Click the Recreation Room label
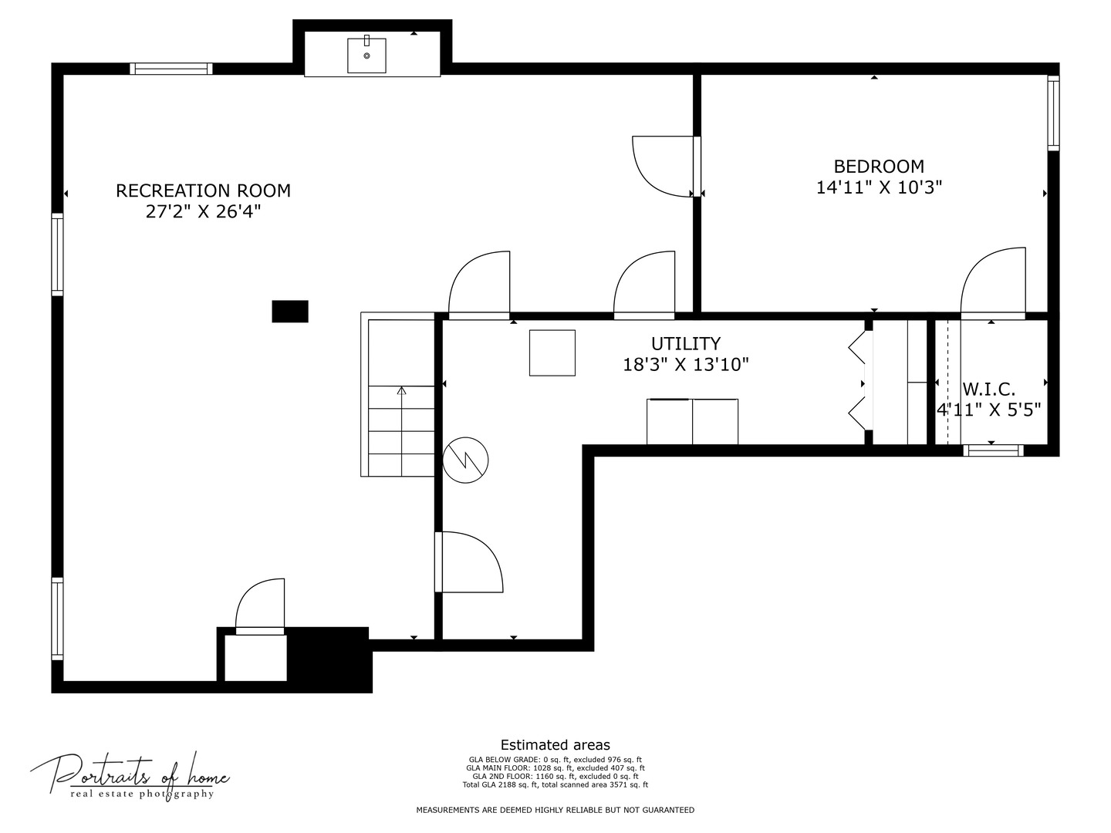[x=203, y=191]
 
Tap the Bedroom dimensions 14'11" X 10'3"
[x=879, y=187]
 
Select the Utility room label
[x=685, y=344]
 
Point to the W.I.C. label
[x=988, y=390]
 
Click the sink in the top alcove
[x=366, y=55]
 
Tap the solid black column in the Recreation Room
[x=290, y=312]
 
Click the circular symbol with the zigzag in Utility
[x=465, y=460]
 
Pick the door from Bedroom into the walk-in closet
[x=993, y=284]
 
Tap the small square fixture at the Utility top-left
[x=552, y=353]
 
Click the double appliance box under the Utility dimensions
[x=692, y=422]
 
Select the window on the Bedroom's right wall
[x=1053, y=113]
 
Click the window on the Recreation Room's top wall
[x=171, y=69]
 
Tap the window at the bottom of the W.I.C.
[x=993, y=450]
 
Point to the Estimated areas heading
[x=555, y=745]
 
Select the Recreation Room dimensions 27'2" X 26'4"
[x=203, y=211]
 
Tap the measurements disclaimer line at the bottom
[x=555, y=810]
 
